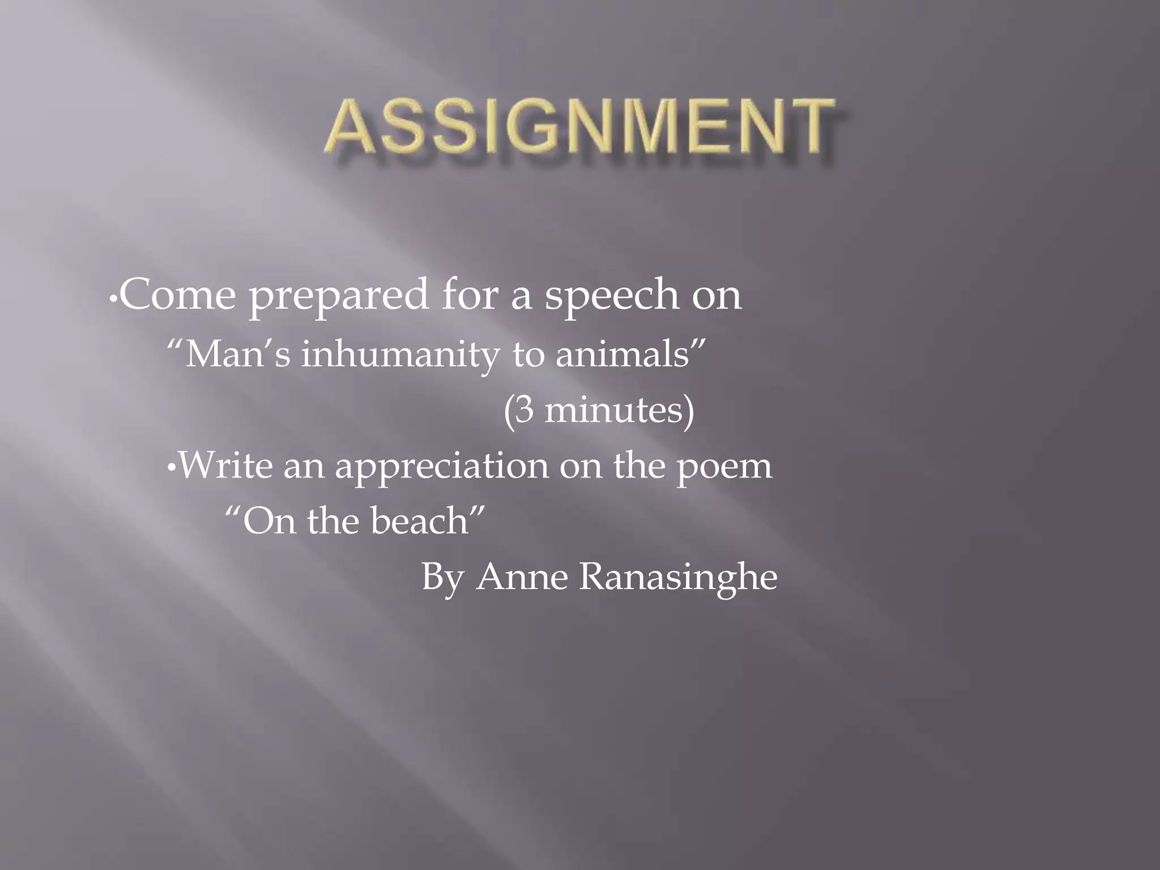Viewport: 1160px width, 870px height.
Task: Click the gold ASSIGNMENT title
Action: click(x=580, y=127)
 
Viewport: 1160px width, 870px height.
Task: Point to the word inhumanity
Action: click(x=400, y=356)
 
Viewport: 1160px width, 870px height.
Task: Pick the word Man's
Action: click(x=238, y=355)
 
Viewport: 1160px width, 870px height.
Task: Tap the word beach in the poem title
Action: click(x=419, y=521)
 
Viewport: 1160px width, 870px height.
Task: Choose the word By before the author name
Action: click(x=442, y=577)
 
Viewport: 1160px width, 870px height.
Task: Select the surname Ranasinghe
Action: click(x=678, y=577)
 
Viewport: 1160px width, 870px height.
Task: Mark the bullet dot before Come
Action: click(x=113, y=298)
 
